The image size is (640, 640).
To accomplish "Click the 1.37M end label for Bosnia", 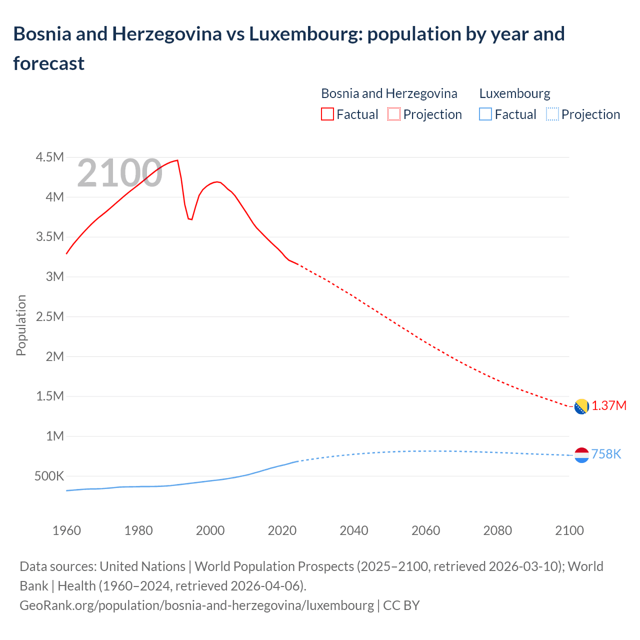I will [609, 405].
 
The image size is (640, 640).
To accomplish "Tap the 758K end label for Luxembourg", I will [606, 454].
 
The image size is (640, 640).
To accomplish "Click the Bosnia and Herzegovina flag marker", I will [581, 406].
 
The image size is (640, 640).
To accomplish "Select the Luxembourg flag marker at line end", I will [581, 455].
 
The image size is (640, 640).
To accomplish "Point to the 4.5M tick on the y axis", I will [50, 157].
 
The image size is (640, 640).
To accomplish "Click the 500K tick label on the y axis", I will [49, 476].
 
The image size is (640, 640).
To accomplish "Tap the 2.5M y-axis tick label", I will [50, 316].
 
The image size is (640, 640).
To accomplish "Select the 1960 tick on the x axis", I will [66, 530].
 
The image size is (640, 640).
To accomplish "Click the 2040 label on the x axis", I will [354, 530].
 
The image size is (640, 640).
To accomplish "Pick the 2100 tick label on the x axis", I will [569, 530].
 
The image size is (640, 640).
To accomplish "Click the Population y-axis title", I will [21, 325].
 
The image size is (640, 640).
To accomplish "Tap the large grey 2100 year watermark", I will [119, 173].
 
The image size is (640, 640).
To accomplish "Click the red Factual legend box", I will [327, 114].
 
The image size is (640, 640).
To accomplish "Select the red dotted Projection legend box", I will [394, 114].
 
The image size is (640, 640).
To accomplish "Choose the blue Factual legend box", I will [485, 114].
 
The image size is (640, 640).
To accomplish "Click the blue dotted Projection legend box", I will [552, 114].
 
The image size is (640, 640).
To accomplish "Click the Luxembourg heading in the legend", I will [514, 93].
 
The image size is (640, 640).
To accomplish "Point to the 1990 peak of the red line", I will [177, 160].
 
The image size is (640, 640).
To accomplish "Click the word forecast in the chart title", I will [49, 63].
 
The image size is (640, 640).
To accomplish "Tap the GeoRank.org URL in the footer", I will [196, 605].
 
